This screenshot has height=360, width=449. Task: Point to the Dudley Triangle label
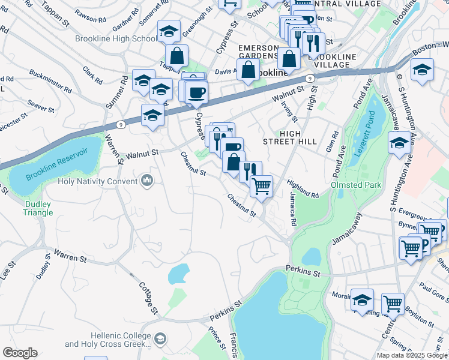click(x=38, y=208)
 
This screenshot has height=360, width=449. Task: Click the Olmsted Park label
click(x=356, y=185)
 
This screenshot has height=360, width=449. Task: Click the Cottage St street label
click(x=148, y=298)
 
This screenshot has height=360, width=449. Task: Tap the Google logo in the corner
click(x=20, y=353)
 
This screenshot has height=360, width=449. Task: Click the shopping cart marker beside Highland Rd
click(x=262, y=187)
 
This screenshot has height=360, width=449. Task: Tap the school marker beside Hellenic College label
click(x=160, y=340)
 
